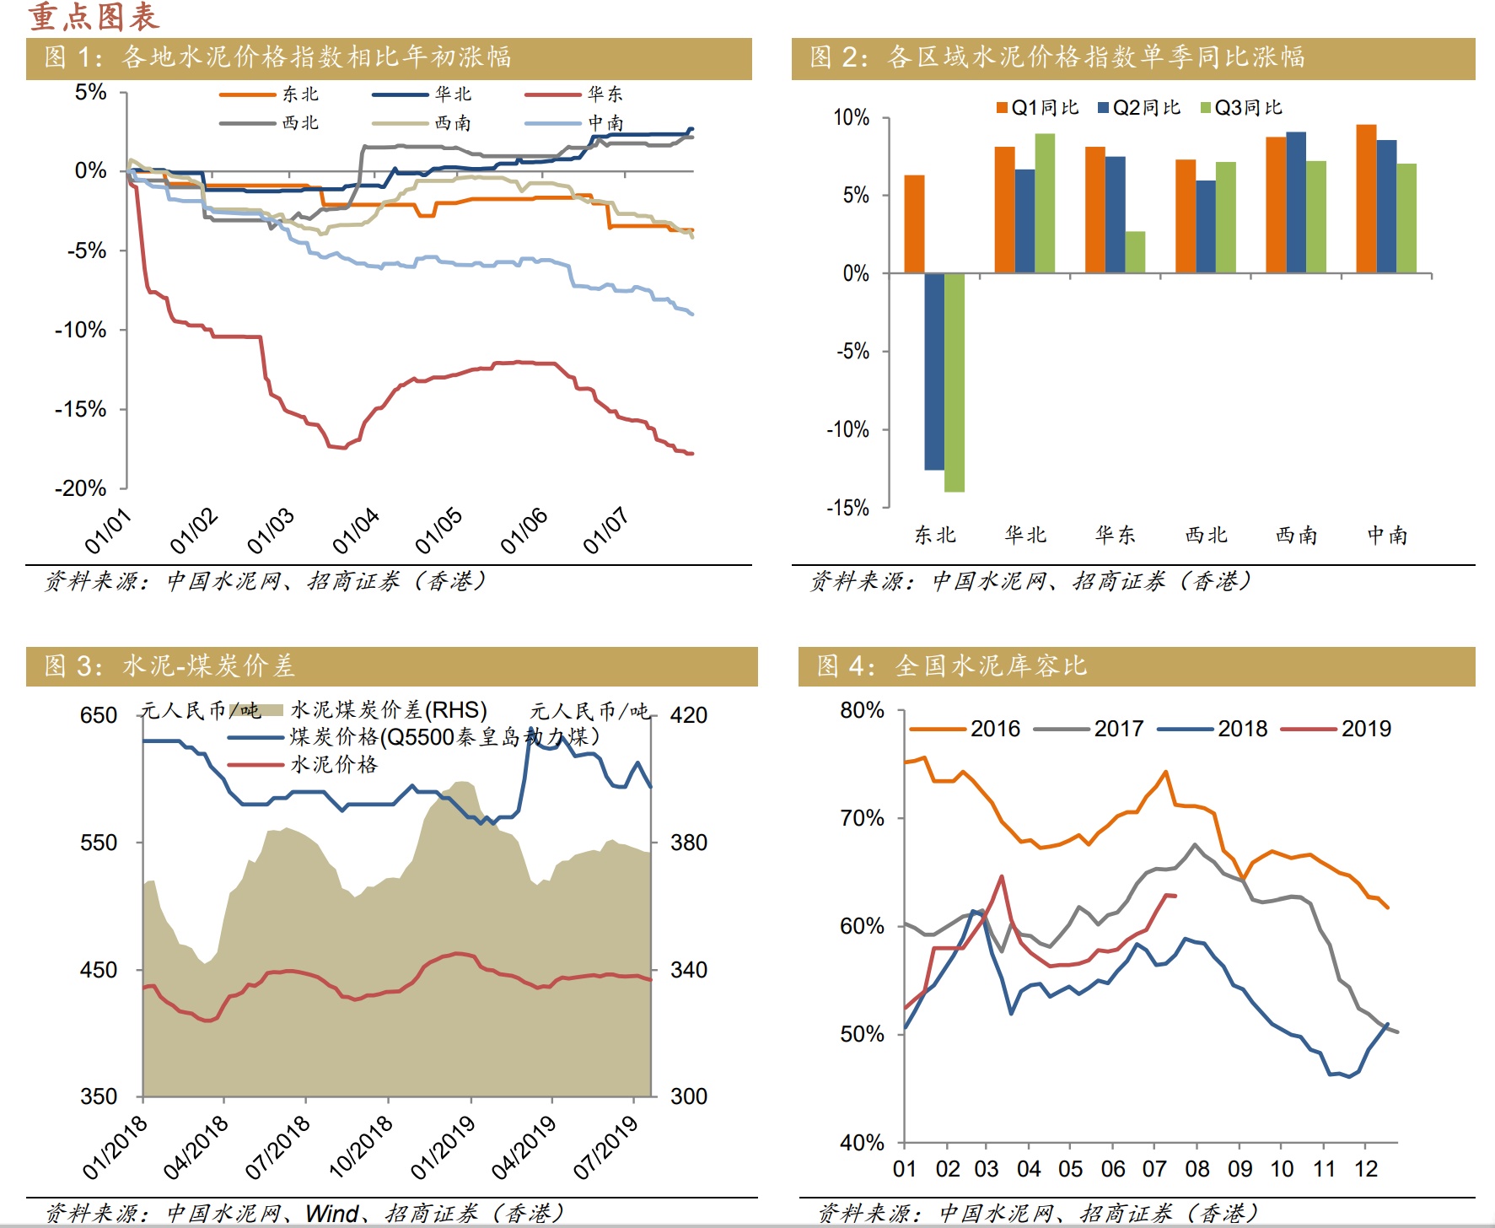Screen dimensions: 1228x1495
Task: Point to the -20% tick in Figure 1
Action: pos(81,488)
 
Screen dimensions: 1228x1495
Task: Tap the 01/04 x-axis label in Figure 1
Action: pos(355,531)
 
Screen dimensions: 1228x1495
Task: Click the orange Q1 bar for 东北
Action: pos(914,224)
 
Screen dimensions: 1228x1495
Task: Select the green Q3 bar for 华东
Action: pos(1135,252)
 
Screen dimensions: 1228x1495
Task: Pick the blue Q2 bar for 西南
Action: pos(1296,202)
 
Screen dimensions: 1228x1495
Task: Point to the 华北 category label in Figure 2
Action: pos(1025,535)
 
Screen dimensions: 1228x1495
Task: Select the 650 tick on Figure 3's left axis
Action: pos(99,715)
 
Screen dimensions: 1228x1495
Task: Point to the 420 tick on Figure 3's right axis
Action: pos(688,715)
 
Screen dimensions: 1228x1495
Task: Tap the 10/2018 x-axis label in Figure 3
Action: pos(361,1146)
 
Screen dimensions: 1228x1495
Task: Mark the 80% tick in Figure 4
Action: pos(862,710)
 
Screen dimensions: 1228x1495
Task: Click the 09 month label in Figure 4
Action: pos(1240,1169)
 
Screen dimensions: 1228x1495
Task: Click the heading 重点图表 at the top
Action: pos(94,17)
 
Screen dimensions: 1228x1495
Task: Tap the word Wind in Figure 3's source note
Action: pos(332,1214)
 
